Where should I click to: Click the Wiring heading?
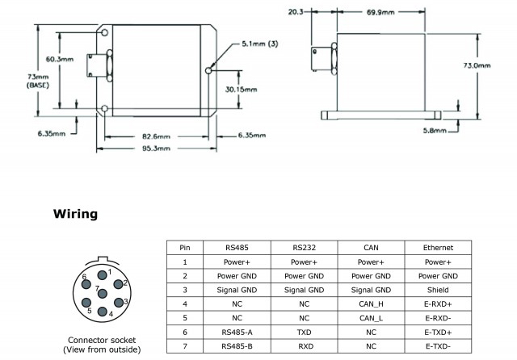click(75, 214)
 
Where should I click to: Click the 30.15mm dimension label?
click(242, 89)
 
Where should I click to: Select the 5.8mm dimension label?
click(434, 129)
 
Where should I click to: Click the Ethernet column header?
click(437, 248)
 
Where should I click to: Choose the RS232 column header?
click(304, 248)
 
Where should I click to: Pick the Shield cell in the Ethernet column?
click(437, 289)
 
